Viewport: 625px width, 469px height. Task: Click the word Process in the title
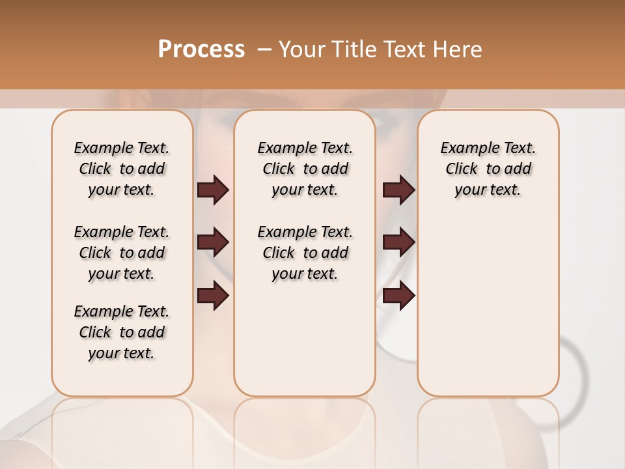pos(201,49)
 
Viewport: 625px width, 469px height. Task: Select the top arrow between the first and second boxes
pos(213,190)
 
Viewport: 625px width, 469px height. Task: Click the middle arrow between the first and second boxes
pos(213,242)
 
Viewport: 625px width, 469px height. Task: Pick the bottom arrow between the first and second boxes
pos(213,296)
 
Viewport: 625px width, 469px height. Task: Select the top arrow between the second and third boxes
pos(398,190)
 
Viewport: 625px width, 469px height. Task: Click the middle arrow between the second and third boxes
pos(398,242)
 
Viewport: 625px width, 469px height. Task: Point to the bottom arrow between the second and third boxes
pos(398,296)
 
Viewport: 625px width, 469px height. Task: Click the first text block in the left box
pos(122,169)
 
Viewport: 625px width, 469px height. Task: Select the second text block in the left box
pos(122,253)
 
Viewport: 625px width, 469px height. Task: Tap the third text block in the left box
pos(122,332)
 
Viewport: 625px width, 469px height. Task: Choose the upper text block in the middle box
pos(305,169)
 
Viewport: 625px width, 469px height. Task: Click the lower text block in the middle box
pos(305,253)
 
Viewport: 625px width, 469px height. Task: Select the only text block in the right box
pos(488,169)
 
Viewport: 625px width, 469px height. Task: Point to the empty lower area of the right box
pos(488,306)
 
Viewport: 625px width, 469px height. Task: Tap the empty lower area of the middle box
pos(305,339)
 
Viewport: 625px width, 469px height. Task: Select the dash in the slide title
pos(264,50)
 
